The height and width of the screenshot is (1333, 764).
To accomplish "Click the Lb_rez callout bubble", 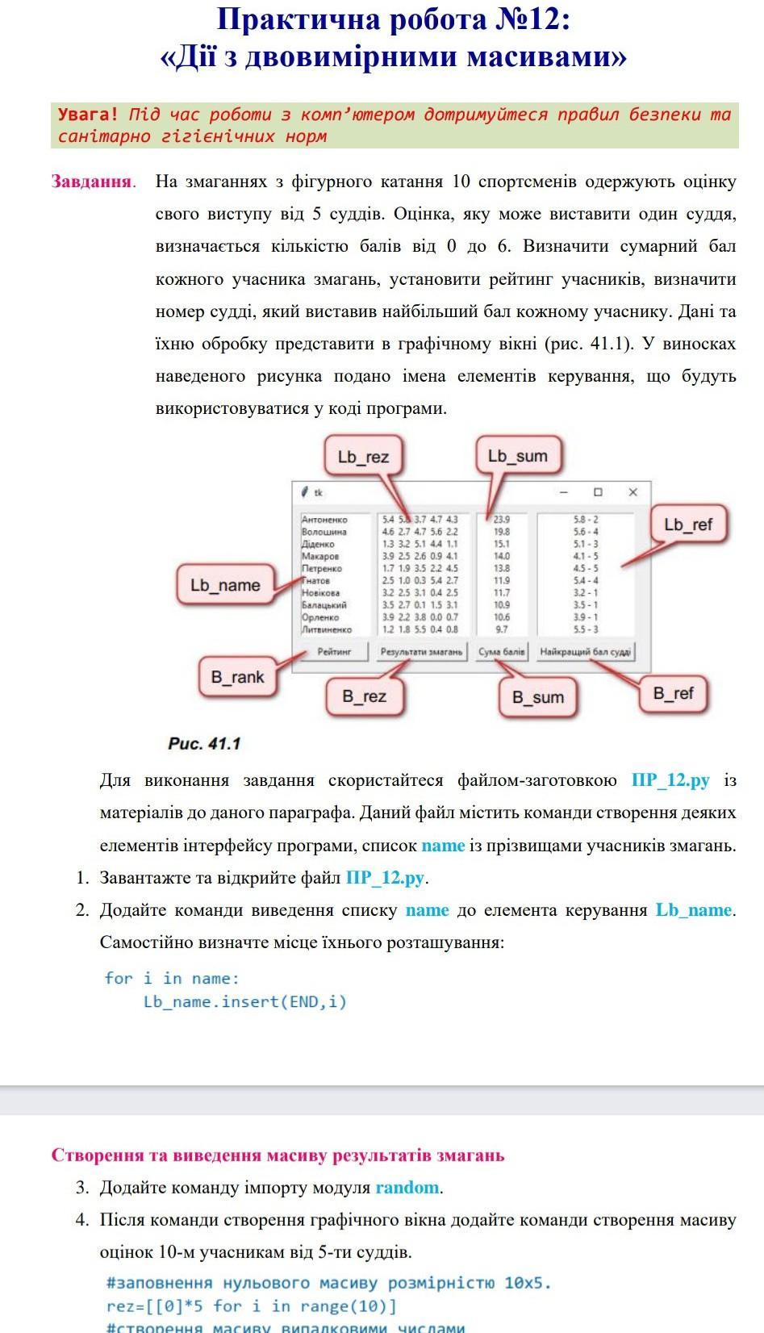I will tap(363, 457).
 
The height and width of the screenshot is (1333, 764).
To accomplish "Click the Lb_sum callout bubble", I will tap(517, 456).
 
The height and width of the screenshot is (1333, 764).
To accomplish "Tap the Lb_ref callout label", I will tap(688, 525).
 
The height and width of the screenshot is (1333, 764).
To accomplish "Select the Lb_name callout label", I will tap(225, 585).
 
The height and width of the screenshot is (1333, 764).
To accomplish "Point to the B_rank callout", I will tap(237, 677).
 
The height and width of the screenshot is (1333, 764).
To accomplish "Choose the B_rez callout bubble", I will tap(364, 696).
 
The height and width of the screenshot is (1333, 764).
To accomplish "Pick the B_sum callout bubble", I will tap(538, 697).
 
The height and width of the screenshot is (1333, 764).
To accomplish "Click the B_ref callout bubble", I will tap(673, 693).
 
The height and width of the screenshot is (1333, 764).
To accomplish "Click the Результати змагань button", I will tap(422, 651).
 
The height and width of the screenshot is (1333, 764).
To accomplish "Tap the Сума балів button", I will tap(501, 651).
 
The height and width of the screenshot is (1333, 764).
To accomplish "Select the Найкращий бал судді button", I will tap(585, 651).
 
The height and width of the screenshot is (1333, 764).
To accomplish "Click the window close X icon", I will tap(632, 492).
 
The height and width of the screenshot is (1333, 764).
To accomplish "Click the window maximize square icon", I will tap(598, 492).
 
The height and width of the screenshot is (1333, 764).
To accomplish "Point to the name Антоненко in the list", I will tap(324, 520).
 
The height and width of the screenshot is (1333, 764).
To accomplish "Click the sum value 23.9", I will tap(501, 520).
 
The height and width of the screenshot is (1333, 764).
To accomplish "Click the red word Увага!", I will tap(88, 115).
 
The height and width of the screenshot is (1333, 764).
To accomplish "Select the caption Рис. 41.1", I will tap(204, 743).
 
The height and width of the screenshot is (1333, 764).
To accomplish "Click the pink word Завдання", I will tap(92, 181).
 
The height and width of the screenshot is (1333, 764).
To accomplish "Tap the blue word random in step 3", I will tap(407, 1187).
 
